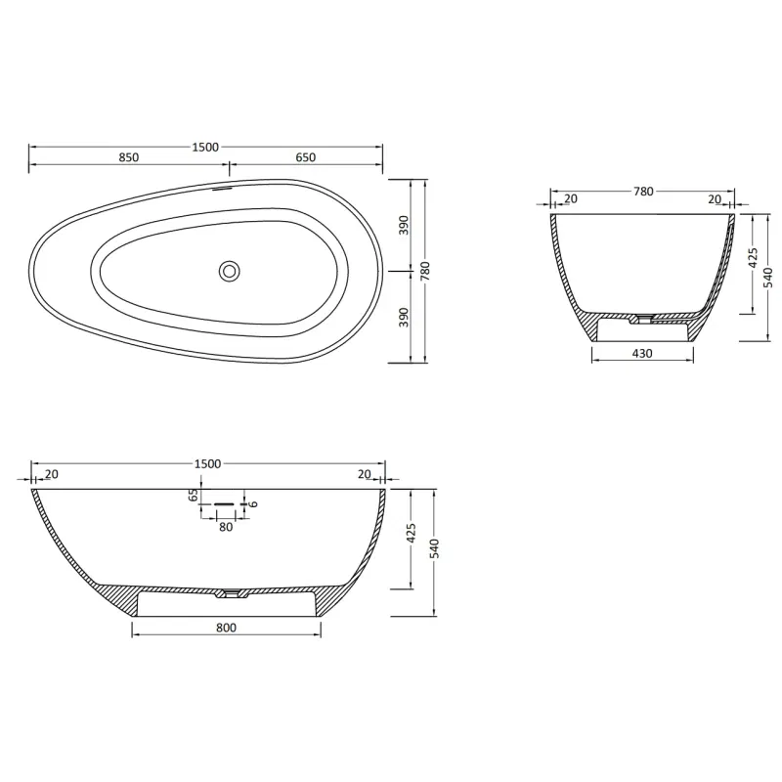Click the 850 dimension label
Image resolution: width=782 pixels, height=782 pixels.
[128, 157]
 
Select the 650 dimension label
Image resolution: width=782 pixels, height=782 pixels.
[304, 157]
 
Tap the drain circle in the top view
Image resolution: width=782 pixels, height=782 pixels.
[230, 271]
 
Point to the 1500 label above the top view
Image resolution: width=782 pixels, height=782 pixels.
[205, 147]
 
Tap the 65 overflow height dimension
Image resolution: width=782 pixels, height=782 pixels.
[194, 496]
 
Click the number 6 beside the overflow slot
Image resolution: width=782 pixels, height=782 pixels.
[253, 504]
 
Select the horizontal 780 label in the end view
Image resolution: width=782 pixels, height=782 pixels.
[642, 192]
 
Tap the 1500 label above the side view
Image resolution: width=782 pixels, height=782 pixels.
[207, 463]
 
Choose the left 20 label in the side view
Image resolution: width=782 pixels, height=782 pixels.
[51, 475]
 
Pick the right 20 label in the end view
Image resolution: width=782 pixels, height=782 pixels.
[714, 199]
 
